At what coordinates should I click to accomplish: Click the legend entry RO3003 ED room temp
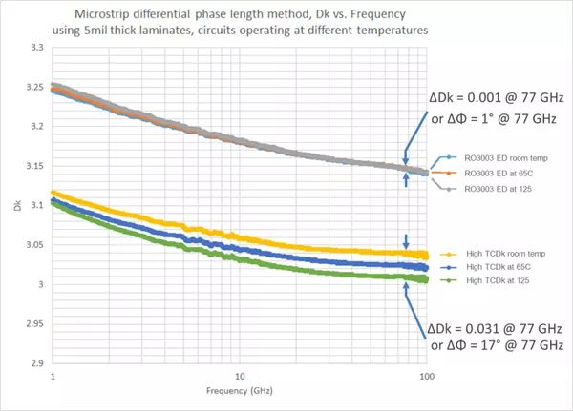499,157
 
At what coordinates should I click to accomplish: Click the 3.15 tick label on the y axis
34,166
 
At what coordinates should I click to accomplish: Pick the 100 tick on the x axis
427,377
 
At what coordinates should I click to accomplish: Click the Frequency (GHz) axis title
237,392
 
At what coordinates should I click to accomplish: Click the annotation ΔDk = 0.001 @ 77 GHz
498,98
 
